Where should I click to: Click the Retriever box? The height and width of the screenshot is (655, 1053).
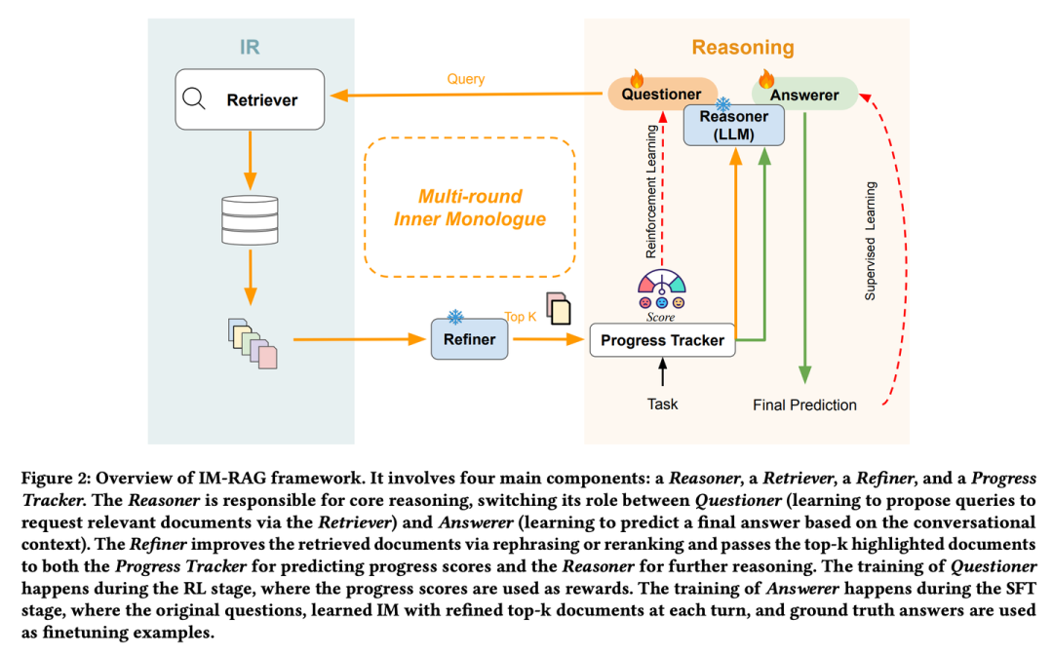(250, 100)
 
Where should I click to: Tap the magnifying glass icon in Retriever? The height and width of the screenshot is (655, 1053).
(194, 98)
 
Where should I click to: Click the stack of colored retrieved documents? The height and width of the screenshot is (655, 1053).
(253, 342)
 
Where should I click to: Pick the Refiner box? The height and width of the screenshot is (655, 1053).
(469, 340)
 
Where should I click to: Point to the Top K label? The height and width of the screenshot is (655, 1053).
(520, 317)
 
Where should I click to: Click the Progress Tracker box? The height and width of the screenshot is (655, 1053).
(662, 340)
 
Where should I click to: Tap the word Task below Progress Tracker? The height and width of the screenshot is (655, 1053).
(663, 404)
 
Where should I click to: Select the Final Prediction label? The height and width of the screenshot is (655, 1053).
(804, 405)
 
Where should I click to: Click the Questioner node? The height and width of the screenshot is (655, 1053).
(661, 95)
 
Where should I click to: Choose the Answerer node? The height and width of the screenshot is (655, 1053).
(804, 95)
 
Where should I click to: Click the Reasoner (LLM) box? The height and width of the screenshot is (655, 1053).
(733, 126)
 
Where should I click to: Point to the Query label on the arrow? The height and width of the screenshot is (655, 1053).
(467, 79)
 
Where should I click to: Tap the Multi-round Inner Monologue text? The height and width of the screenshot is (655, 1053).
(469, 208)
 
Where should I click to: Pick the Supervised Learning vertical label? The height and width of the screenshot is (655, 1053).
(871, 239)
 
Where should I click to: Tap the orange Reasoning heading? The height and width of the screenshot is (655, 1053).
(743, 47)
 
